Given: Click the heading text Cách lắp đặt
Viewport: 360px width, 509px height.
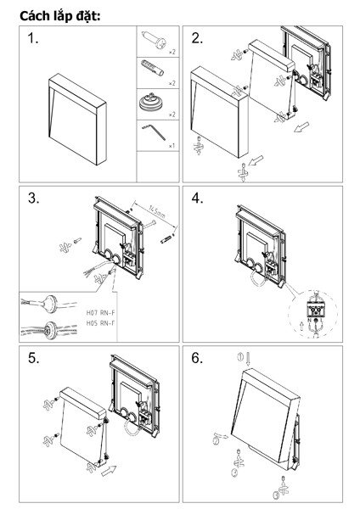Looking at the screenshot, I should point(56,13).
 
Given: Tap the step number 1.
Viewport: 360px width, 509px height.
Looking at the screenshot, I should point(34,39).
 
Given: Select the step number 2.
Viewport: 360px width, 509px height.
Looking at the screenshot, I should point(197,39).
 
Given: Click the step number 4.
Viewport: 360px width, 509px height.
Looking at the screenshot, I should point(197,199).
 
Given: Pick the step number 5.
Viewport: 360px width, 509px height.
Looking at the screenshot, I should point(34,358).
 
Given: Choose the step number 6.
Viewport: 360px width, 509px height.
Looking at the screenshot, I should point(197,358).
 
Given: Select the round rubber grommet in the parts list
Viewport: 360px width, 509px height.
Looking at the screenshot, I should point(155,101).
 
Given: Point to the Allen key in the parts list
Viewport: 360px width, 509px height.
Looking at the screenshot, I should point(155,132).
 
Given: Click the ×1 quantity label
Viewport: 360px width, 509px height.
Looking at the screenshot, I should point(172,146).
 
